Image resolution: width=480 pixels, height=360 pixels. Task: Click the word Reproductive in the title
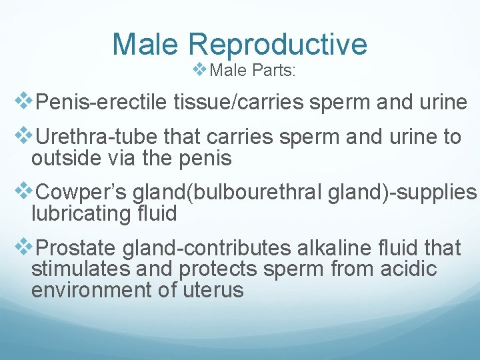pos(278,45)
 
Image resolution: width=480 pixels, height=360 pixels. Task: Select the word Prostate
pos(76,249)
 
